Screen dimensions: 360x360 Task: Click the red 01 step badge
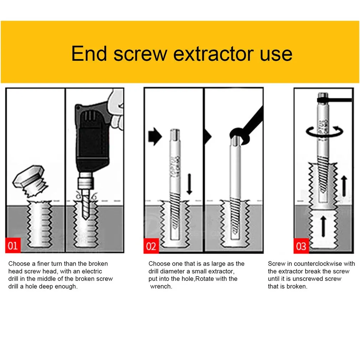(x=13, y=246)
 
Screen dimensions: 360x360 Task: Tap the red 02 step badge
(x=151, y=246)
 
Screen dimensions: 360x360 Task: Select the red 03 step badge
(x=301, y=246)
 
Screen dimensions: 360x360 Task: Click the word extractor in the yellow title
(x=214, y=54)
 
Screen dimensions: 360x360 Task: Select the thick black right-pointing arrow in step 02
(x=155, y=137)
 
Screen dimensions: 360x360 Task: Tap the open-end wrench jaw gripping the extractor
(x=239, y=137)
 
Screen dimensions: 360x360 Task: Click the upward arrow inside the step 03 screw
(x=323, y=226)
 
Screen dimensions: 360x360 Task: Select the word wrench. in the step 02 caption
(x=161, y=287)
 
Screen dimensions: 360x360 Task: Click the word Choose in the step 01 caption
(x=19, y=263)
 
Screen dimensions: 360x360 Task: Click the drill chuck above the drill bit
(x=86, y=180)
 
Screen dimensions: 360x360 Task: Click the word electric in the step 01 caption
(x=91, y=271)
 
